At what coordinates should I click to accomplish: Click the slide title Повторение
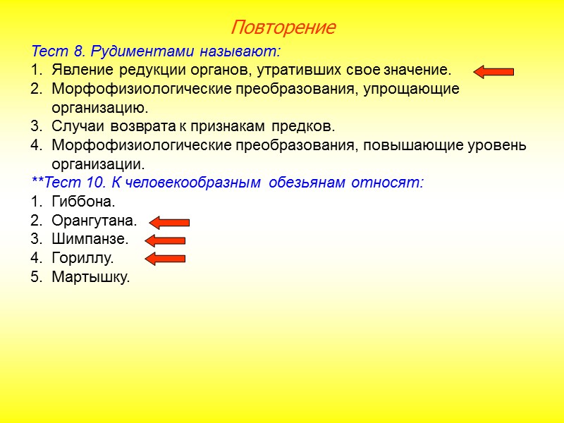(283, 28)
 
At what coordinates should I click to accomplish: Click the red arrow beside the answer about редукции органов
(493, 71)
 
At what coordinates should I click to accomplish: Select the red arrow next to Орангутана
(169, 223)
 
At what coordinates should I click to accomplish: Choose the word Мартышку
(90, 277)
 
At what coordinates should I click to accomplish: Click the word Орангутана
(94, 221)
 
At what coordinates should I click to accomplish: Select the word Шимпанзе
(90, 240)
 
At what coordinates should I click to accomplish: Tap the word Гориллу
(82, 258)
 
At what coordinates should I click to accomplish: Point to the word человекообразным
(189, 183)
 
